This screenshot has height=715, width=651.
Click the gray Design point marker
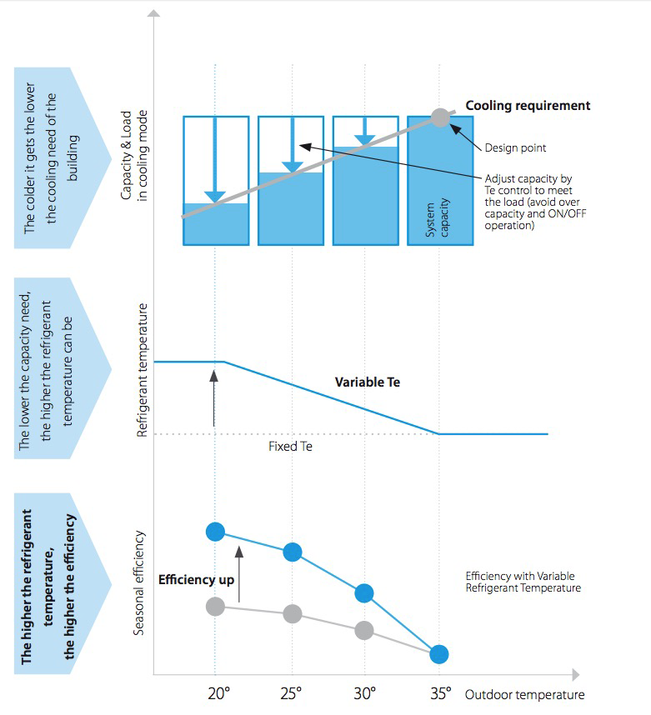(x=440, y=117)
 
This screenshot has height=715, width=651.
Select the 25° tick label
(x=293, y=692)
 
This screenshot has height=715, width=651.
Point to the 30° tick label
(x=366, y=692)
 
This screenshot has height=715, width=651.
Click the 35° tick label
(x=441, y=692)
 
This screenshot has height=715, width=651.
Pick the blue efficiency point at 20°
(x=216, y=531)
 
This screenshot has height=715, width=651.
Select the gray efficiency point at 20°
(x=216, y=607)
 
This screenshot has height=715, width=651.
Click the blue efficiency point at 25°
(x=293, y=552)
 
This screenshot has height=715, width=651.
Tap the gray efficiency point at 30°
(x=364, y=630)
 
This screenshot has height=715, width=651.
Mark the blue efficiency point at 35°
(x=439, y=654)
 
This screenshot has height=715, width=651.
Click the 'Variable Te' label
(x=368, y=382)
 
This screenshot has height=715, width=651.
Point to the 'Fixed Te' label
(x=290, y=446)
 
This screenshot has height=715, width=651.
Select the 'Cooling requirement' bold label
(x=528, y=106)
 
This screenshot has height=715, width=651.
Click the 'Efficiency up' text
(x=197, y=580)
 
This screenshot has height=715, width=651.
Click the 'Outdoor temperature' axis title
(x=525, y=695)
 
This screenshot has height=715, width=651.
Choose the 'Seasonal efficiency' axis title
(x=139, y=582)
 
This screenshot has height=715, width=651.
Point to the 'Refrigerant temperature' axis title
(x=142, y=371)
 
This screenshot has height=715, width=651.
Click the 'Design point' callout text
(x=516, y=148)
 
